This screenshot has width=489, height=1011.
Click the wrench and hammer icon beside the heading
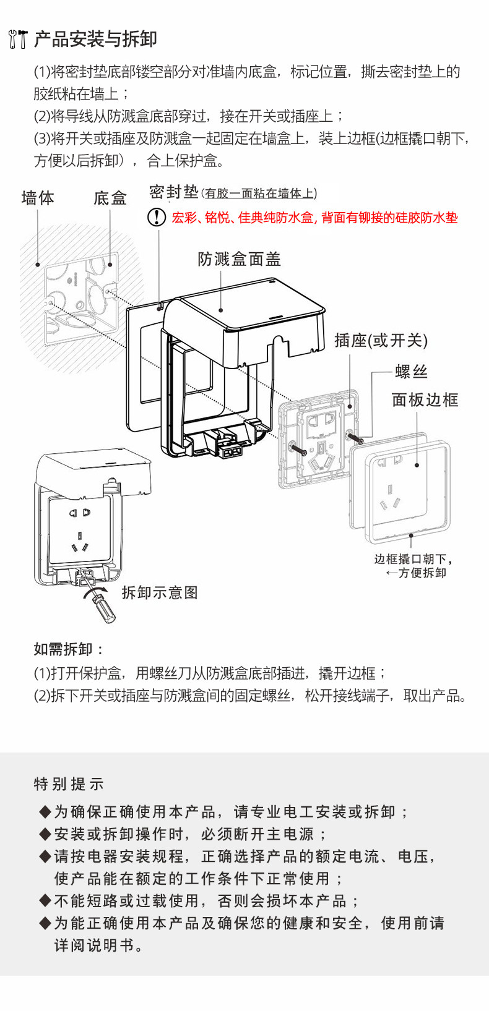[x=17, y=38]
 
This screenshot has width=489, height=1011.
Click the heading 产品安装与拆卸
[x=95, y=39]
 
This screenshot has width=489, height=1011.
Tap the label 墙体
[x=38, y=198]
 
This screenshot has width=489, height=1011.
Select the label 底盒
[x=110, y=198]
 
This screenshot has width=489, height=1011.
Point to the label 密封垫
[x=173, y=192]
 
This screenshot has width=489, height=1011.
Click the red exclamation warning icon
[x=156, y=217]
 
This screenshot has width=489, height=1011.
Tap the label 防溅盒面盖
[x=240, y=259]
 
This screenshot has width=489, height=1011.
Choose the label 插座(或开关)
[x=381, y=340]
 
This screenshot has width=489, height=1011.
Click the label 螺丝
[x=411, y=372]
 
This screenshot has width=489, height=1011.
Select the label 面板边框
[x=425, y=400]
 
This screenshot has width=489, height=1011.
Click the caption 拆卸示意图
[x=160, y=592]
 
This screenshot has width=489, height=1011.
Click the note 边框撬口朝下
[x=413, y=559]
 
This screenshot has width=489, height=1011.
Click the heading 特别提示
[x=69, y=784]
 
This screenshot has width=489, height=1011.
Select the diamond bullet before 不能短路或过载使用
[x=45, y=901]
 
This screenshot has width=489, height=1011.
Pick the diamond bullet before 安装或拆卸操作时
[x=45, y=834]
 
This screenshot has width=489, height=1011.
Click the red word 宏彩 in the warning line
[x=184, y=218]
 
